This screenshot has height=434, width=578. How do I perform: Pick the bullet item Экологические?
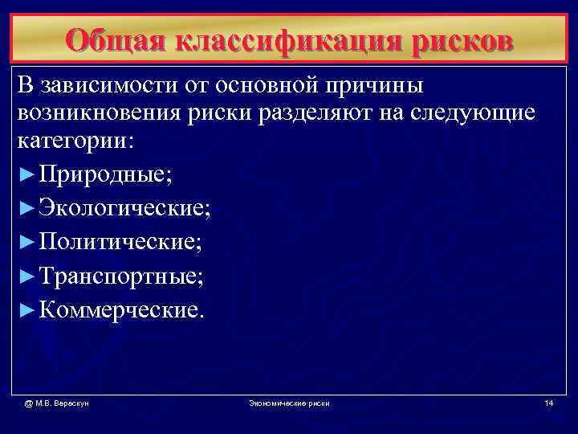[124, 208]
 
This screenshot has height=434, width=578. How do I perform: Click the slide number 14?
[548, 402]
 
